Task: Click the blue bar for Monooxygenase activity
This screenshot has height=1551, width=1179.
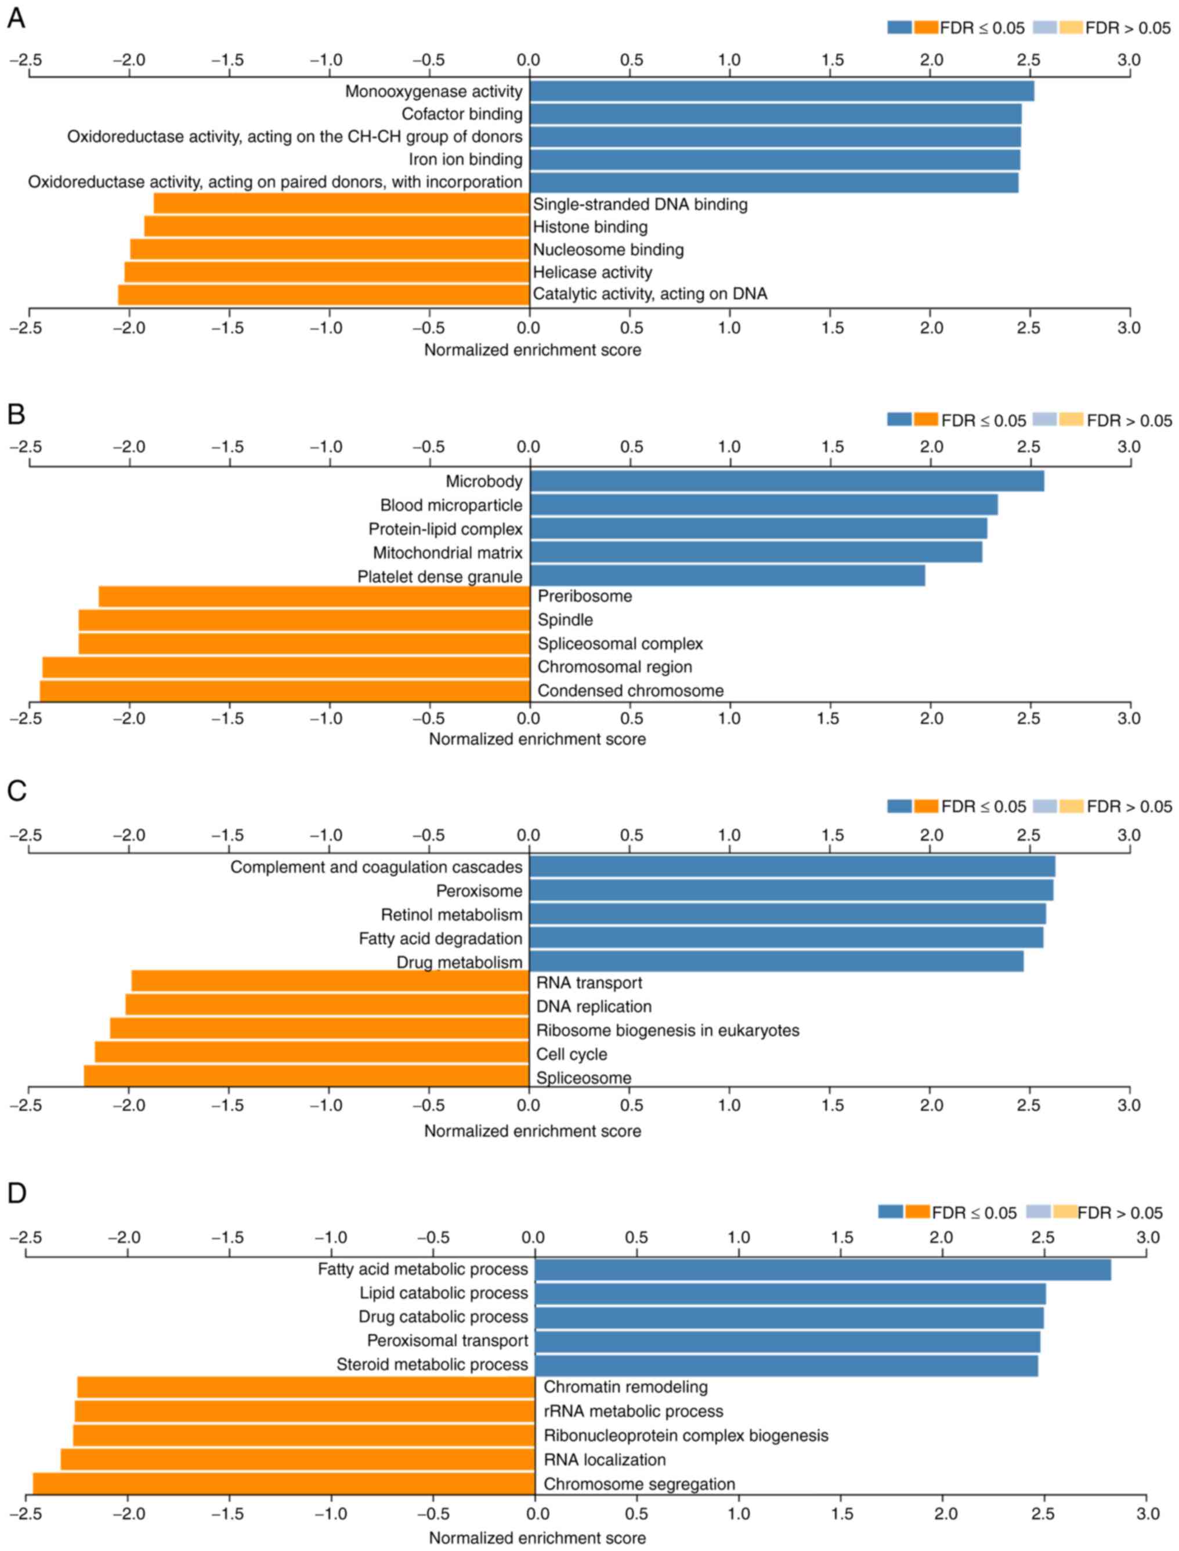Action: [781, 91]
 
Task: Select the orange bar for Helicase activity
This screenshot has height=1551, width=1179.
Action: [326, 271]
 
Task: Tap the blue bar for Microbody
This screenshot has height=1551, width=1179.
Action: [787, 481]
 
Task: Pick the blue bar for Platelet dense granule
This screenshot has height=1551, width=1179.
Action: [727, 576]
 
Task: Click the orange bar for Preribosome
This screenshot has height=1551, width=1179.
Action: [314, 596]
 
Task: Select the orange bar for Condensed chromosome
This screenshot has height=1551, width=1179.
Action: [284, 690]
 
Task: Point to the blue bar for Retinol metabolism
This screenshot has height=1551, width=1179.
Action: [787, 914]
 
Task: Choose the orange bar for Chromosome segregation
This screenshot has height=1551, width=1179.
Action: [284, 1484]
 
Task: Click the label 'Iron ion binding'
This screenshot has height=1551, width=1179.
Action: [465, 160]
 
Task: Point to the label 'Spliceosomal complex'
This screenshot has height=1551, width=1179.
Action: [620, 643]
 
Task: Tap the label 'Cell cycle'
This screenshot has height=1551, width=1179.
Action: [572, 1054]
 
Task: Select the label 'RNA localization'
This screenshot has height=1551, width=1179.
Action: [604, 1460]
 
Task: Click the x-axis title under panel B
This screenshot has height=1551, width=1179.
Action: [537, 739]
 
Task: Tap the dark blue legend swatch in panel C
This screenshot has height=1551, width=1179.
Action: [899, 806]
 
